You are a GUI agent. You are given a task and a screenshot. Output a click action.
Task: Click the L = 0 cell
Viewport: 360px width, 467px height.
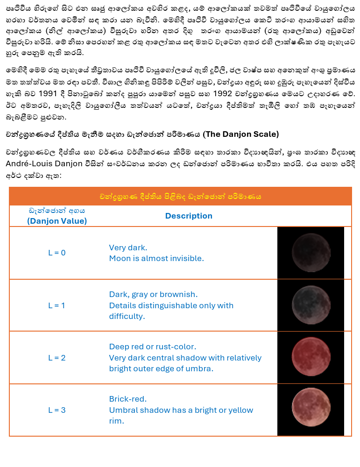pos(57,253)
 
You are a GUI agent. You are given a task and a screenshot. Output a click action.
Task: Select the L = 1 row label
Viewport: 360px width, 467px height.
pos(57,305)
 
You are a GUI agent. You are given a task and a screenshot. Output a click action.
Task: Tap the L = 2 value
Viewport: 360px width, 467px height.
pos(57,358)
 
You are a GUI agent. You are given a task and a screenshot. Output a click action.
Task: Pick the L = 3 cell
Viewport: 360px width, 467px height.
pos(57,410)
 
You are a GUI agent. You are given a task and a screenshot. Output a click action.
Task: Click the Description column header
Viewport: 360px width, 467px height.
pos(189,216)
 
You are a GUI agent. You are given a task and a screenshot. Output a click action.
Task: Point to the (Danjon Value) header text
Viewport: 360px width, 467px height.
pos(57,221)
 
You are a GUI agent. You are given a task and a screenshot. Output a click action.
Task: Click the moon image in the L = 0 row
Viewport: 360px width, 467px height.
pos(310,253)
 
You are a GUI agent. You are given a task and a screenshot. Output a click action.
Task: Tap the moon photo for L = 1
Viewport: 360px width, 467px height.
pos(310,305)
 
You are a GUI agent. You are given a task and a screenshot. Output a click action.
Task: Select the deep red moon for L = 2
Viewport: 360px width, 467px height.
pos(310,357)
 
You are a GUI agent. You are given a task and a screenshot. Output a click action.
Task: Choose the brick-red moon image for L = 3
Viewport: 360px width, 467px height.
pos(310,410)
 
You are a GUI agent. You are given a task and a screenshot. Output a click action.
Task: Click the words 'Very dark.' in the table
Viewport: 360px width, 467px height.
pos(128,248)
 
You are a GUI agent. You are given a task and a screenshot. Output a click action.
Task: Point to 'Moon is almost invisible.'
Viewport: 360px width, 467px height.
pos(156,258)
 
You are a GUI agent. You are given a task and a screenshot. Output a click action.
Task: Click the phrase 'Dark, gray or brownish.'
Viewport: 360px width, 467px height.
pos(153,294)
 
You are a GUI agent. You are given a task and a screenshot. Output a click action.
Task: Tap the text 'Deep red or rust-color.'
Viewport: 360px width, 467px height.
pos(153,347)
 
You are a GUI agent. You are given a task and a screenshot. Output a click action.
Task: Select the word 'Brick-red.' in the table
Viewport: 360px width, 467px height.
pos(128,399)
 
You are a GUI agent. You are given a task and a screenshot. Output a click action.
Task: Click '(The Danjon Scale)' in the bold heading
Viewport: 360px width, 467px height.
pos(241,134)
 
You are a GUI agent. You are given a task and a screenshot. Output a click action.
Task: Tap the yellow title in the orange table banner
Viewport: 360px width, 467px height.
pos(180,197)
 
